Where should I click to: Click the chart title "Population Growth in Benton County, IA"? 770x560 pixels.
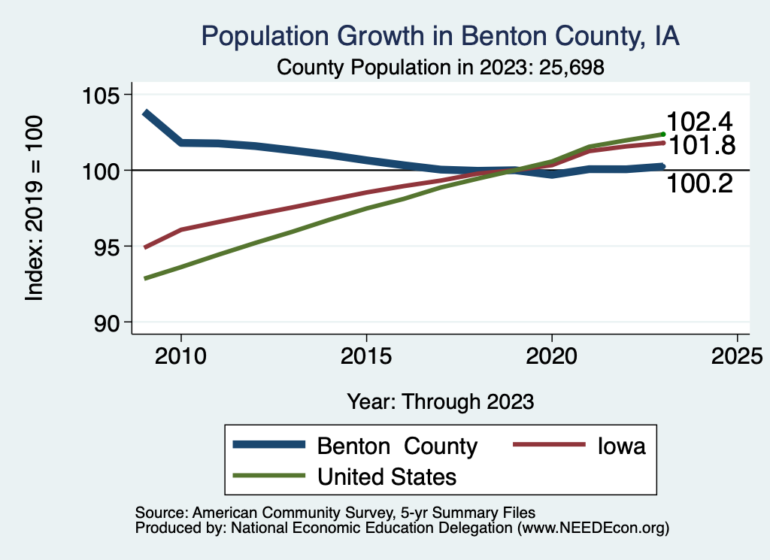(x=441, y=36)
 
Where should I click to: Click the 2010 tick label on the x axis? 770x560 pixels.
(x=181, y=355)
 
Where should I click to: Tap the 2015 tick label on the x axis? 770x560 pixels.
(x=366, y=355)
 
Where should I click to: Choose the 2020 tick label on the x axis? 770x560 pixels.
(x=552, y=355)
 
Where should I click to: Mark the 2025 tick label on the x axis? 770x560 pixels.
(x=737, y=355)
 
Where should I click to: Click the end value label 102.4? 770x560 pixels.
(x=700, y=122)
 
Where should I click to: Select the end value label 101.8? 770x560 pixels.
(x=700, y=145)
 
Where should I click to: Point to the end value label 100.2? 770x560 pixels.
(x=700, y=183)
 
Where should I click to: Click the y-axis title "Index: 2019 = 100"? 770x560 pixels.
(x=35, y=208)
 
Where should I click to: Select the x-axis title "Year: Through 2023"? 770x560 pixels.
(x=441, y=401)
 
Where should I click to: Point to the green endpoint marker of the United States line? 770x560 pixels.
(x=662, y=134)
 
